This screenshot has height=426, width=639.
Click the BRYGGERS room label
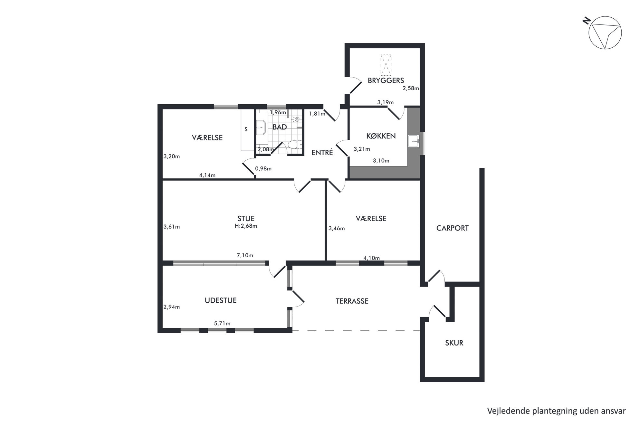click(386, 80)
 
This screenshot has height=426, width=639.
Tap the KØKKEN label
click(381, 136)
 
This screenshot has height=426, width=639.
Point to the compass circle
click(605, 33)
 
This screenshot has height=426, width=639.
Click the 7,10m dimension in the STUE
click(245, 255)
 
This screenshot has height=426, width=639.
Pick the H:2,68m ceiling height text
click(246, 226)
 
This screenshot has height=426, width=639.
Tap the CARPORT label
click(453, 228)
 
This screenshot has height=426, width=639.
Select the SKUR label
click(454, 343)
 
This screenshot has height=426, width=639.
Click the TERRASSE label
click(352, 301)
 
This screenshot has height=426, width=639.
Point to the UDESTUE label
click(221, 300)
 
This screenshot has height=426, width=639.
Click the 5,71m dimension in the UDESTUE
click(222, 324)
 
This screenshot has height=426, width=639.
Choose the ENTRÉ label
click(322, 153)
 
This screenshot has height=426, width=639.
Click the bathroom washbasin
click(261, 128)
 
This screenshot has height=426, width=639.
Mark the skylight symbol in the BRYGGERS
click(386, 65)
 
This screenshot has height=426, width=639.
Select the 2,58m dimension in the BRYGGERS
click(411, 88)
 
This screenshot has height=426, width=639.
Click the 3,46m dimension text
click(337, 229)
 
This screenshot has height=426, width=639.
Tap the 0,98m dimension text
click(263, 168)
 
